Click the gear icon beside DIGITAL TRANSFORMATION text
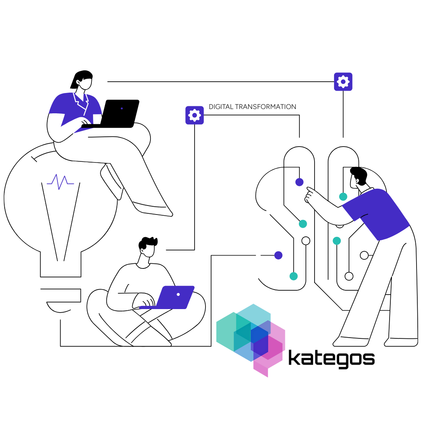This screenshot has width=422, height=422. (195, 115)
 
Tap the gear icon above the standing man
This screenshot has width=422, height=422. (343, 82)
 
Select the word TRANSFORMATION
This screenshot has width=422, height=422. (265, 107)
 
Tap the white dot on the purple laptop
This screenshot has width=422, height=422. (178, 295)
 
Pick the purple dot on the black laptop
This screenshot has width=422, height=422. (122, 109)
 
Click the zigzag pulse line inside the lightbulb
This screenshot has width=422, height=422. (60, 182)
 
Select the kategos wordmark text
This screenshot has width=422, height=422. (331, 358)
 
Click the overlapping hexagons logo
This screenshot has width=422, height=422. (250, 340)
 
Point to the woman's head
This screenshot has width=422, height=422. (82, 80)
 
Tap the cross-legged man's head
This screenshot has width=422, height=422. (148, 247)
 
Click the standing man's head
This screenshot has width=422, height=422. (358, 178)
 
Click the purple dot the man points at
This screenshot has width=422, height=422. (299, 182)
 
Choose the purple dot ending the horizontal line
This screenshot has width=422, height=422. (278, 255)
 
